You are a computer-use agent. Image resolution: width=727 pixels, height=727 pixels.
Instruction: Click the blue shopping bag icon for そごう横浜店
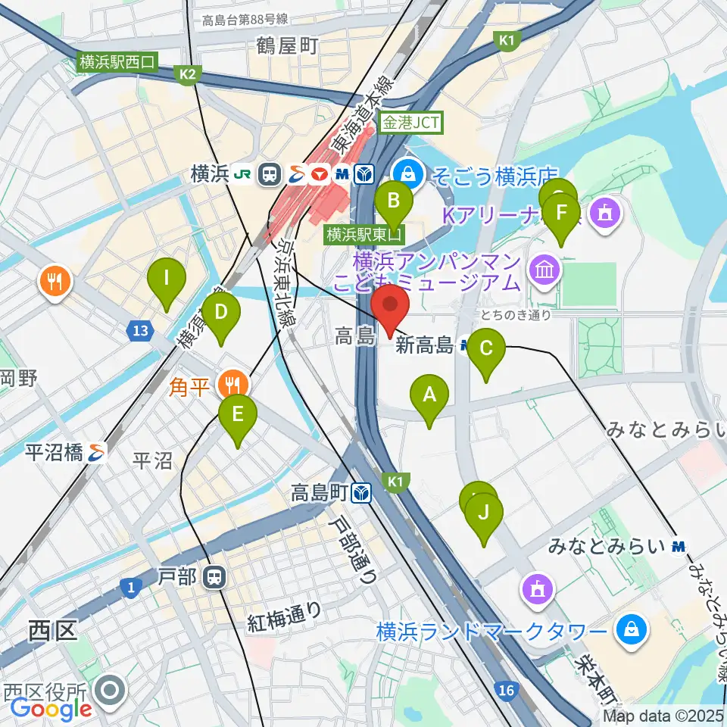[x=409, y=172]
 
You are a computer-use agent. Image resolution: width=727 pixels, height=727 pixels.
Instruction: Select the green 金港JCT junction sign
[x=410, y=122]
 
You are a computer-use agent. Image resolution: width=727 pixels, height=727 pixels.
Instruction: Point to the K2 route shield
[x=188, y=74]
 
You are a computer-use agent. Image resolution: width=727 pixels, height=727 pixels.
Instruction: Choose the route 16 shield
[x=507, y=690]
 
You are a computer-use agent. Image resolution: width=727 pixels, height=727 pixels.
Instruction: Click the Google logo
[x=51, y=709]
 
